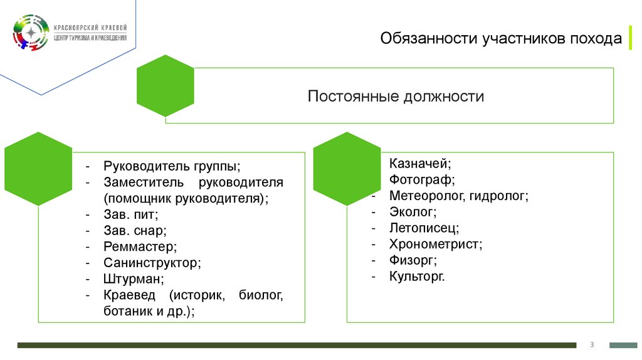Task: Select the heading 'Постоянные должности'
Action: (396, 97)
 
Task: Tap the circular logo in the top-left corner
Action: (30, 33)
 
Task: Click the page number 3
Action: (592, 344)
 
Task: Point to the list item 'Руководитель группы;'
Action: (172, 167)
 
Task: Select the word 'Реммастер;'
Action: (140, 246)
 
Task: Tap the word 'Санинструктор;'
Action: (152, 263)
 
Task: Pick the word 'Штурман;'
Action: (134, 278)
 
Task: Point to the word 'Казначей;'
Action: (420, 164)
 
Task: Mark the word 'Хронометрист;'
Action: (436, 244)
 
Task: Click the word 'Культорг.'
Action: (417, 276)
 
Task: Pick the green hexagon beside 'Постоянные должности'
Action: (165, 86)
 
